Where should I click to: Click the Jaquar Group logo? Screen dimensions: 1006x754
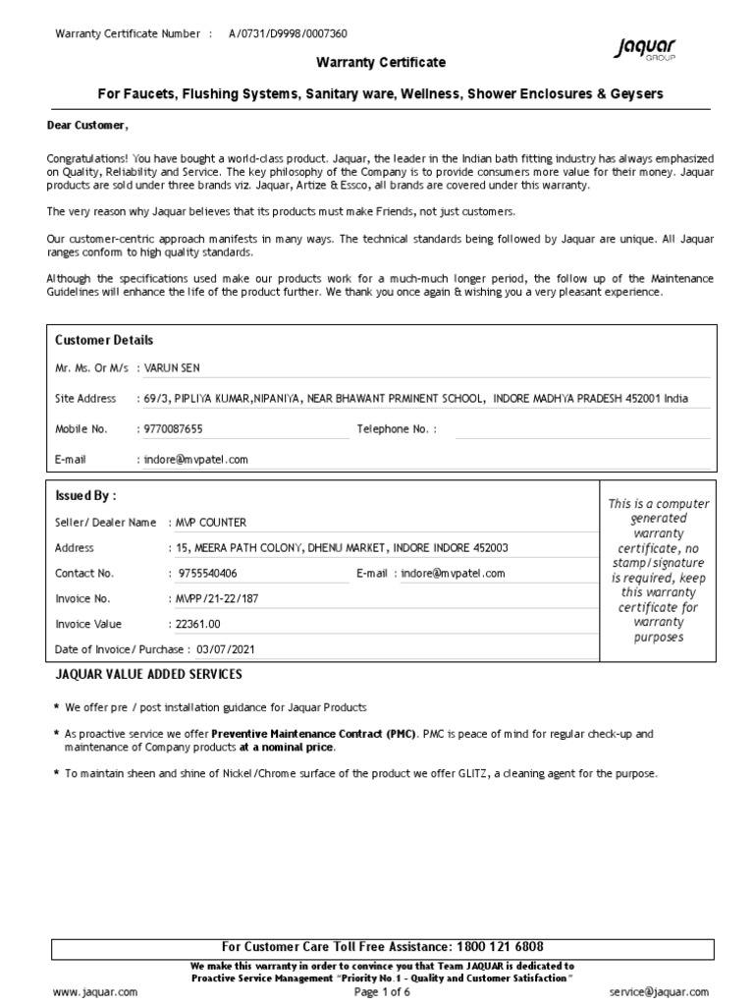(645, 49)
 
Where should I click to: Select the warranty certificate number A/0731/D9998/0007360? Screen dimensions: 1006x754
(288, 33)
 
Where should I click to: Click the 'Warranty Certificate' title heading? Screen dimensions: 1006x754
(380, 63)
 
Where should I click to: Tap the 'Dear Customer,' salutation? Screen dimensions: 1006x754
(87, 125)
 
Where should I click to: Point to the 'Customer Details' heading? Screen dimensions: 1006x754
(104, 340)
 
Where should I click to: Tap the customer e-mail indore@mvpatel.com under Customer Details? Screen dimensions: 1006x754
(195, 459)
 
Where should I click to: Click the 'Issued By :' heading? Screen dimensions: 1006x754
(85, 496)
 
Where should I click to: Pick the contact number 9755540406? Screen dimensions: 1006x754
(207, 573)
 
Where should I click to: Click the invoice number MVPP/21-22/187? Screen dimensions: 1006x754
(215, 598)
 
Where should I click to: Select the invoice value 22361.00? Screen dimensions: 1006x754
(197, 624)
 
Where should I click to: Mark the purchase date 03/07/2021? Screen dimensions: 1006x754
(230, 649)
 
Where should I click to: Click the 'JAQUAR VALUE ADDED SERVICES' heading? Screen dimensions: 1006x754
(148, 675)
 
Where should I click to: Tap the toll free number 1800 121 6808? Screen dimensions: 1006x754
(499, 947)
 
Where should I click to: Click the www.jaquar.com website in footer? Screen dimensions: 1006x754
(95, 992)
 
